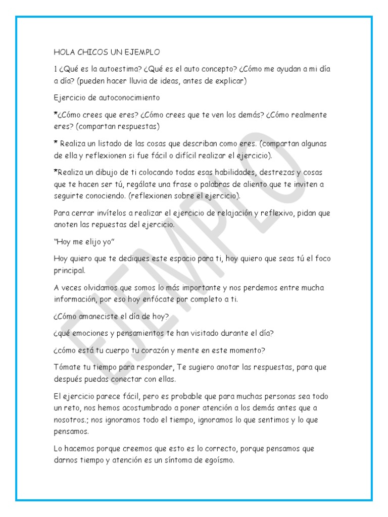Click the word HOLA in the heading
click(63, 52)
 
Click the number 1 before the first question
click(55, 69)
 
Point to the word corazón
click(171, 351)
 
